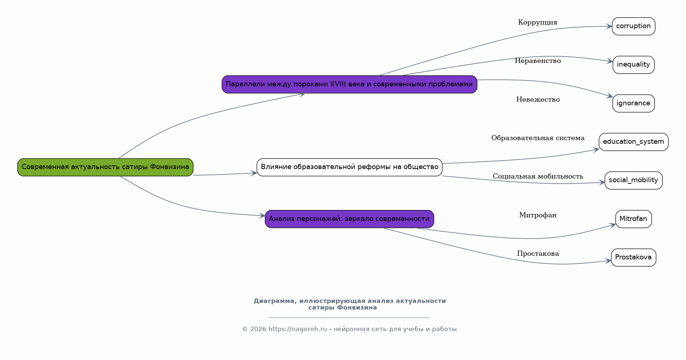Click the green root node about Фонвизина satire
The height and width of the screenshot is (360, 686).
click(105, 167)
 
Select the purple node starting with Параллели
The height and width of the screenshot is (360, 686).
click(349, 85)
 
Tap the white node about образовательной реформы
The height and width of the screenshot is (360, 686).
click(349, 167)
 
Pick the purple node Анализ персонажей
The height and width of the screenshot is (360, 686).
click(349, 219)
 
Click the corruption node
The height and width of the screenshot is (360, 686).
click(633, 26)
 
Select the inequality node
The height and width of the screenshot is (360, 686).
click(633, 65)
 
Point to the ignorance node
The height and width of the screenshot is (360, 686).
click(633, 103)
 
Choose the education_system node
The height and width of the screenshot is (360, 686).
click(633, 142)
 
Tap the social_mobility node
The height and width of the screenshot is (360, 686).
click(633, 180)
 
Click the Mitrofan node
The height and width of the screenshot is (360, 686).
click(633, 219)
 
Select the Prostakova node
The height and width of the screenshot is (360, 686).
click(633, 258)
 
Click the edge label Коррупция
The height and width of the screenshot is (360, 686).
click(537, 23)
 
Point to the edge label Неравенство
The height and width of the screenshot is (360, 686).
click(537, 61)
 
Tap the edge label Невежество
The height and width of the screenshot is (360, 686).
click(537, 100)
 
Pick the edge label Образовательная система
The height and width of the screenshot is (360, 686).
click(537, 138)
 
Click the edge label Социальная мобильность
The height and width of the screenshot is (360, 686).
click(537, 176)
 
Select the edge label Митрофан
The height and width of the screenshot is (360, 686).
click(537, 215)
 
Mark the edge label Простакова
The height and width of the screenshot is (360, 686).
click(537, 254)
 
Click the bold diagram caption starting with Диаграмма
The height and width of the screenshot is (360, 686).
click(349, 304)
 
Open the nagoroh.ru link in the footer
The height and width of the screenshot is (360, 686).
click(297, 329)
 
